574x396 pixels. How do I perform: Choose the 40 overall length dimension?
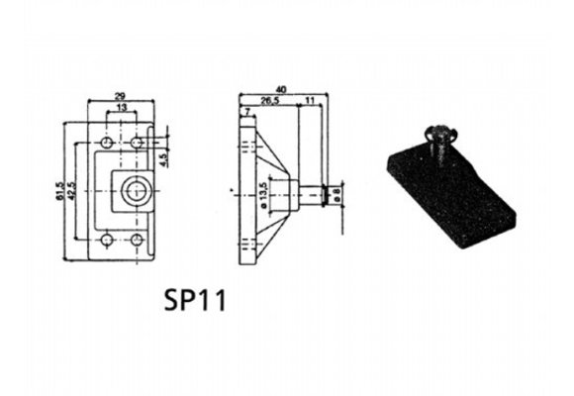click(281, 89)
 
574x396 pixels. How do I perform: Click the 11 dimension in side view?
click(309, 100)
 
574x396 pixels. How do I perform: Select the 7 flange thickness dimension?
click(243, 113)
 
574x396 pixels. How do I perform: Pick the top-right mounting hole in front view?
click(136, 145)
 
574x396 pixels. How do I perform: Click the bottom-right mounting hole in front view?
click(136, 239)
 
